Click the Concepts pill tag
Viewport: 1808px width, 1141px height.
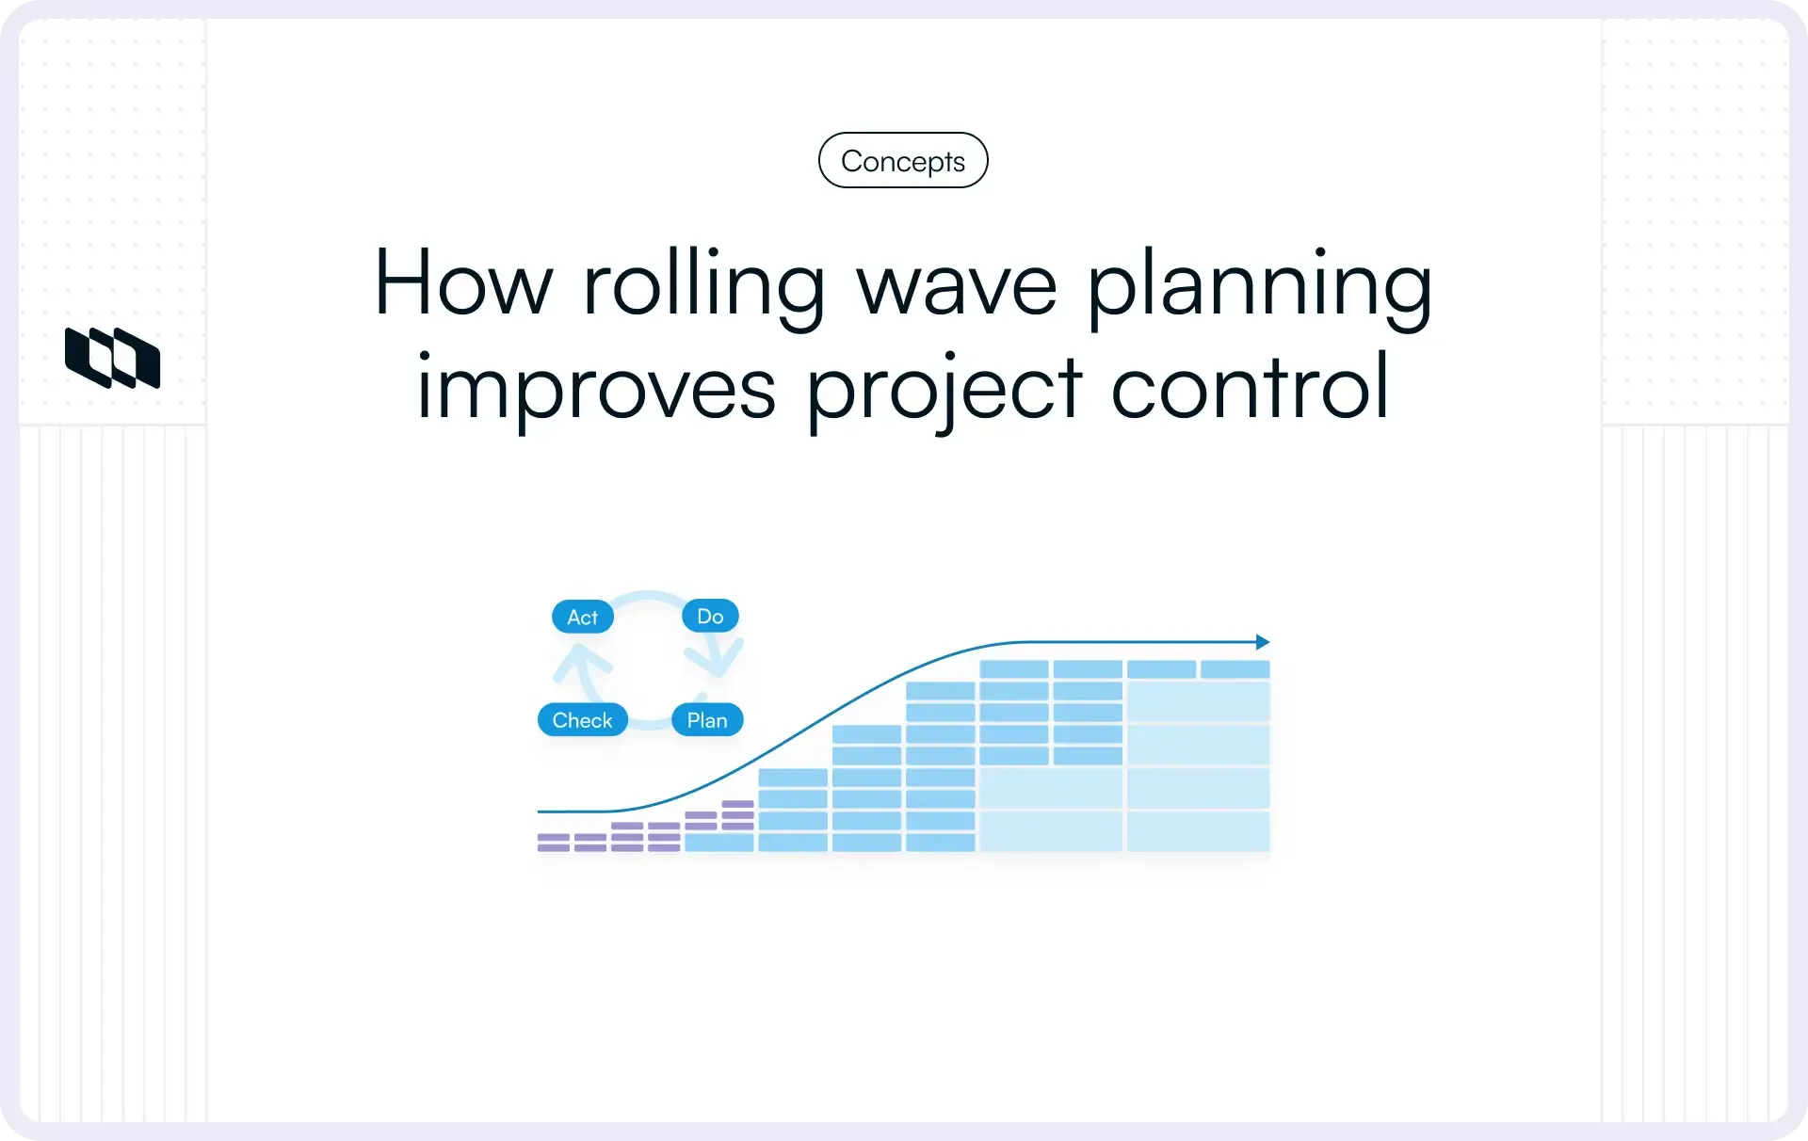[902, 161]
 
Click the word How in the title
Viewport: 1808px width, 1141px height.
[462, 282]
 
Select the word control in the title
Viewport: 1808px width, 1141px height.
[1250, 387]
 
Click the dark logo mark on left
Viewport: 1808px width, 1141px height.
[112, 358]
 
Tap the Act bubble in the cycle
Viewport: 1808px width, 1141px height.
[582, 617]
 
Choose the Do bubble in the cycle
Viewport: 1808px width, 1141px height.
[710, 616]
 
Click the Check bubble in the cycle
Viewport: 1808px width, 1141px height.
[582, 720]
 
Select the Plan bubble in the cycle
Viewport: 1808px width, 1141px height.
[707, 720]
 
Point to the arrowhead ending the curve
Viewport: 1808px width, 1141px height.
[1263, 642]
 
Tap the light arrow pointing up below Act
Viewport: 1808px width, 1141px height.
[582, 663]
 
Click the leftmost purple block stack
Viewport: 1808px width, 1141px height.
[553, 842]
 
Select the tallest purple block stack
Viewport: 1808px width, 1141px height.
[737, 814]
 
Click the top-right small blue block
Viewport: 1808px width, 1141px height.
[1235, 669]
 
